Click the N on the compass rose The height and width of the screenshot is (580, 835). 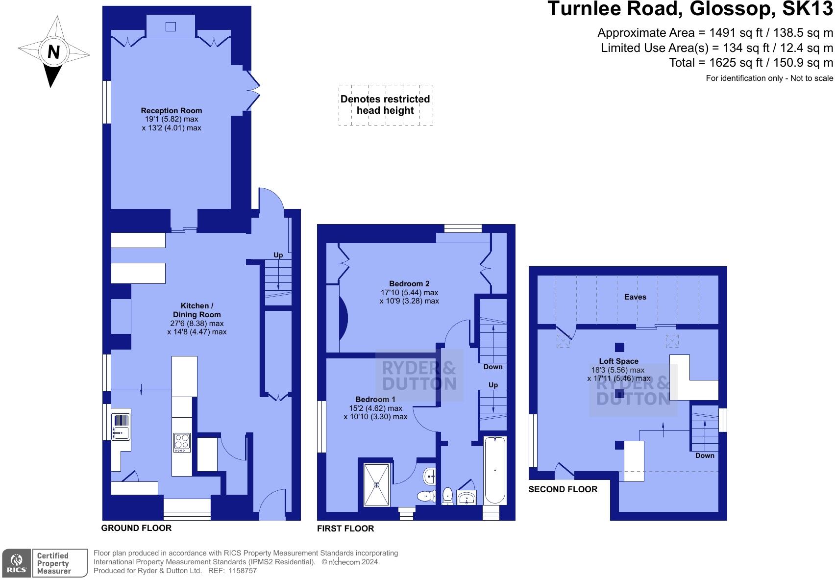(53, 51)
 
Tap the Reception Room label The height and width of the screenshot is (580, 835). (172, 111)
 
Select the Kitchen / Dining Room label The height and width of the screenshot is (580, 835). (196, 310)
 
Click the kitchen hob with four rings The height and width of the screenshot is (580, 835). (182, 442)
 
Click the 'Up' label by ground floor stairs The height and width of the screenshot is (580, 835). (278, 255)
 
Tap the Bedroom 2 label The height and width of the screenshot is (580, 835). (409, 284)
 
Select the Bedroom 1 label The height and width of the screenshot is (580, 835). (375, 400)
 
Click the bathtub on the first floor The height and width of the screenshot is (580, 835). (495, 470)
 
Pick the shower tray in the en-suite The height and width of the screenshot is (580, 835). (377, 485)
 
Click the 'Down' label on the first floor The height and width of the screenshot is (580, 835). (493, 367)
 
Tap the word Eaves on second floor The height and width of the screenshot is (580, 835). (635, 297)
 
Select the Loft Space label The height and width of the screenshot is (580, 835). (618, 361)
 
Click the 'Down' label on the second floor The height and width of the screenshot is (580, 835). (705, 455)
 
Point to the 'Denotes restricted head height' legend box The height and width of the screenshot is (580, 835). (386, 105)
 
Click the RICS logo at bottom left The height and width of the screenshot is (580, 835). (17, 563)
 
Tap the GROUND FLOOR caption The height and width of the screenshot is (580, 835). (136, 528)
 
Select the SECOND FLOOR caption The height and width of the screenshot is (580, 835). (563, 489)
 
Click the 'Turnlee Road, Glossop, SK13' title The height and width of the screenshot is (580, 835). (689, 9)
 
